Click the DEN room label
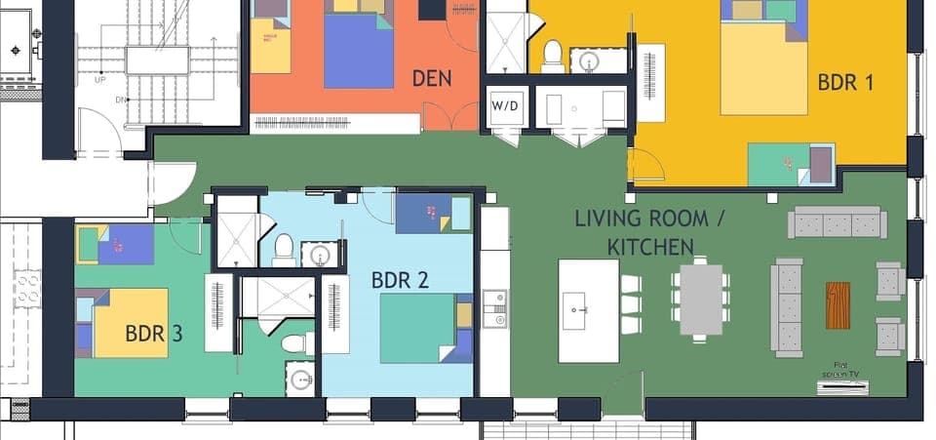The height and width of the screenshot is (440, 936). point(432,78)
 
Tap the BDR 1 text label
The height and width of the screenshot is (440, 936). point(845,82)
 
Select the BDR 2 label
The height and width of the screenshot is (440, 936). point(400,280)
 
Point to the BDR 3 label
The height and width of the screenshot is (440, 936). point(154,334)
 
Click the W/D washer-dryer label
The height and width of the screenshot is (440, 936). point(505,105)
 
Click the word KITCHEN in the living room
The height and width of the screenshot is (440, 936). point(650,247)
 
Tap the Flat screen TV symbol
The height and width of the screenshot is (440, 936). point(841,386)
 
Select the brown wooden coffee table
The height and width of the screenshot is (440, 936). point(838,305)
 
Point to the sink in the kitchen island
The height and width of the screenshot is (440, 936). point(576,309)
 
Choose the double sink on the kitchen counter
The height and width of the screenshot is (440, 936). point(495,307)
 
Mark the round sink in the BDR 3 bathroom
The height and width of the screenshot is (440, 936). point(300,379)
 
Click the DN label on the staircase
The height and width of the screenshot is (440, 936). point(121,99)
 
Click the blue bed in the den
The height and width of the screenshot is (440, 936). point(359,51)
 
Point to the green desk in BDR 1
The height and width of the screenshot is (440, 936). point(780,163)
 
